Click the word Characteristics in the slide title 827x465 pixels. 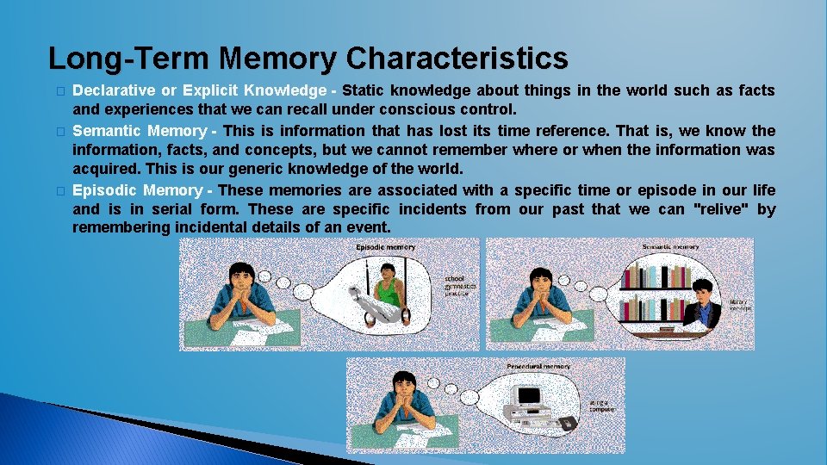pyautogui.click(x=457, y=59)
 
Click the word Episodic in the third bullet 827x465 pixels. pyautogui.click(x=104, y=190)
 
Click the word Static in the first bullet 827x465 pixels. pyautogui.click(x=364, y=90)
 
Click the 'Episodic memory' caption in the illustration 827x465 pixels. pyautogui.click(x=385, y=247)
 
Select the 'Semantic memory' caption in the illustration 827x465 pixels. pyautogui.click(x=670, y=247)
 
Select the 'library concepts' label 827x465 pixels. pyautogui.click(x=741, y=305)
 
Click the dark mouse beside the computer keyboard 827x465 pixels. pyautogui.click(x=567, y=424)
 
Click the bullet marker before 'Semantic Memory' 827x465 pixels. pyautogui.click(x=59, y=132)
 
